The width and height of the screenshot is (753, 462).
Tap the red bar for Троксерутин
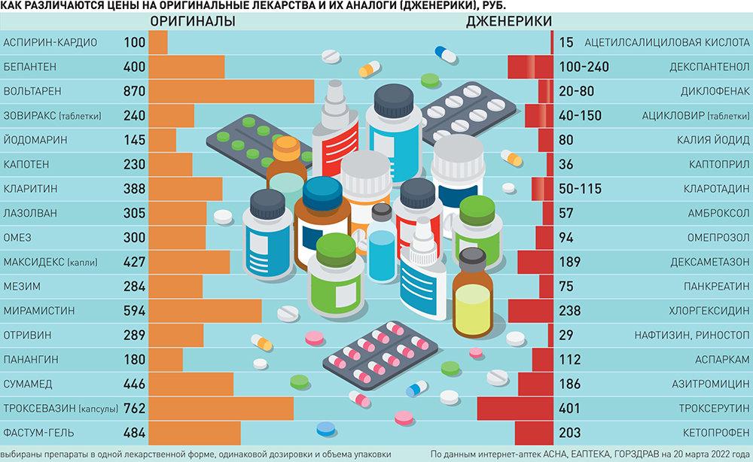(x=515, y=409)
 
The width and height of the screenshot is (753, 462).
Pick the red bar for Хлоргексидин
(x=531, y=311)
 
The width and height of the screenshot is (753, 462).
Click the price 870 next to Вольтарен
(x=134, y=91)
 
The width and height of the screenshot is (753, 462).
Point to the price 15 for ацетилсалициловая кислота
(x=566, y=42)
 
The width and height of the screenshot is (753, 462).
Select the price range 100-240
(x=584, y=67)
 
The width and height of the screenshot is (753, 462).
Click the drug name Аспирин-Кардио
(x=50, y=42)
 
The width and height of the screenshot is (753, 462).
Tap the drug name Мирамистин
(x=38, y=311)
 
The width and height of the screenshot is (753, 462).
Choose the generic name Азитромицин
(x=709, y=384)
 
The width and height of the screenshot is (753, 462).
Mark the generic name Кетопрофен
(x=715, y=433)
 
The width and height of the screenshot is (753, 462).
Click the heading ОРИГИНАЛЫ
(x=193, y=22)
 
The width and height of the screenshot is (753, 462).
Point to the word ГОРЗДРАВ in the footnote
(x=637, y=454)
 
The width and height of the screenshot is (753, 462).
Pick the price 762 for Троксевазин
(x=134, y=409)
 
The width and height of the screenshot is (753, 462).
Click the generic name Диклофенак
(x=713, y=91)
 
